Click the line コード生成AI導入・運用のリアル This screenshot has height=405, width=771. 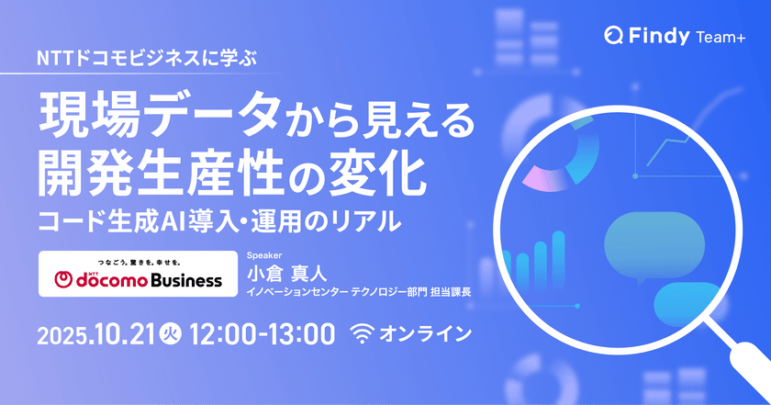220,219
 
